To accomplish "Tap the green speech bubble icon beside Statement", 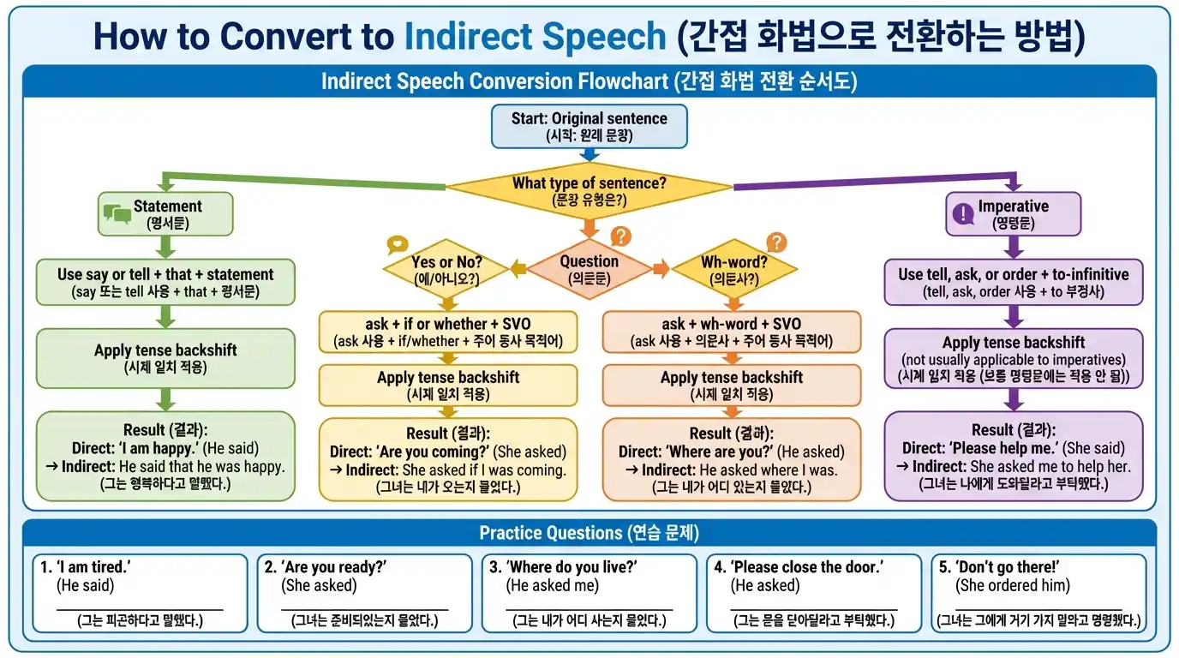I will [x=117, y=213].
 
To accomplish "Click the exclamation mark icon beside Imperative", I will [x=963, y=213].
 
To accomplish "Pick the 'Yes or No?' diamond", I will [x=446, y=270].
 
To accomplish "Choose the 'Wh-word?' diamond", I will [x=733, y=270].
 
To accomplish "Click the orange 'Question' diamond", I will [x=589, y=269].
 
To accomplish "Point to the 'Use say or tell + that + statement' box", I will [x=165, y=282].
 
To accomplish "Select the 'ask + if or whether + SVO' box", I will [x=447, y=332].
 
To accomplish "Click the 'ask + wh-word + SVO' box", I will [x=732, y=332].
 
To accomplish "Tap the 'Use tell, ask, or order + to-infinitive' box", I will [x=1013, y=282].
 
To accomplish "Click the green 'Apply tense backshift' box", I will [x=165, y=358].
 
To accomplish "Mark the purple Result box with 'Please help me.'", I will [x=1013, y=456].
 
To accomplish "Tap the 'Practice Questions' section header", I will [x=589, y=533].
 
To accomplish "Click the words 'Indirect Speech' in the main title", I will [x=535, y=36].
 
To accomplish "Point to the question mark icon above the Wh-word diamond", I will [x=776, y=242].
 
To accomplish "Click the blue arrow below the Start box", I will [x=589, y=155].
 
